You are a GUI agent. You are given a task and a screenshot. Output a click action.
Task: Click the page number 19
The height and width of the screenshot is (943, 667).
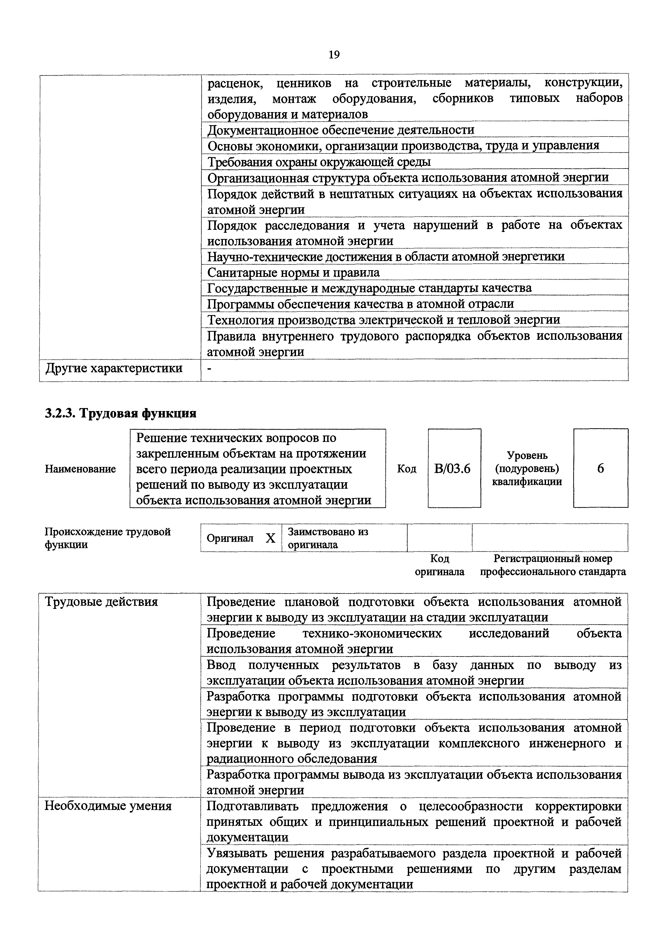point(334,55)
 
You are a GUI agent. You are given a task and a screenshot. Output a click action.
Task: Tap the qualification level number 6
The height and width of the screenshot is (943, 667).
point(601,469)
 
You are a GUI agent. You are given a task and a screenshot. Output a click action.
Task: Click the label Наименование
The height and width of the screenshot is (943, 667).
point(80,469)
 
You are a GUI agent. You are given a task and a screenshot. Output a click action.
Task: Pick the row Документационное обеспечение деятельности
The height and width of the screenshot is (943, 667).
point(340,130)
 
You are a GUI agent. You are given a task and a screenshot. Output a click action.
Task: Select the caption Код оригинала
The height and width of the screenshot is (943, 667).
point(440,565)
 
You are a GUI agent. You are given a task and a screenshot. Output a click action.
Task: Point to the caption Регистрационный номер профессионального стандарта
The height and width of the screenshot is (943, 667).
point(553,565)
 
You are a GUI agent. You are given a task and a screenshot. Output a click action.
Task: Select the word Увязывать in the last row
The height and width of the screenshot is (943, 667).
point(237,853)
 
